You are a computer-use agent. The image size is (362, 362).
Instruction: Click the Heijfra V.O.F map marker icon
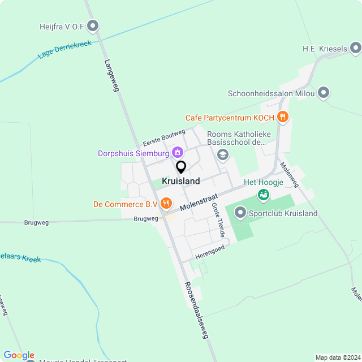[93, 26]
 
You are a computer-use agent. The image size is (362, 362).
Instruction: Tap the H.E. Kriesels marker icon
[355, 49]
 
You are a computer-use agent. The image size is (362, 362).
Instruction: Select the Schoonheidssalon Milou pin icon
[324, 93]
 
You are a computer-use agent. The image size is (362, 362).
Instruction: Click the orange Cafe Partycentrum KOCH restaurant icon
[283, 118]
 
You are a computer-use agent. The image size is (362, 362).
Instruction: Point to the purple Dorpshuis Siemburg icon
[178, 152]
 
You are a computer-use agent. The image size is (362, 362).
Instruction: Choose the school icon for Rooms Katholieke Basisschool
[223, 154]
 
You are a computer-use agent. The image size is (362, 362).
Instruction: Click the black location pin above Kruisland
[181, 167]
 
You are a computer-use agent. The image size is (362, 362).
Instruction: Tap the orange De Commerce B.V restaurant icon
[166, 203]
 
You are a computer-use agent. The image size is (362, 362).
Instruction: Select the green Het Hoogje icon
[263, 195]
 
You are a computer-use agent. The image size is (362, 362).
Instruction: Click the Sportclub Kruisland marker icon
[240, 213]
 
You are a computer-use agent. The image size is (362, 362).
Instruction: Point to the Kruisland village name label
[181, 181]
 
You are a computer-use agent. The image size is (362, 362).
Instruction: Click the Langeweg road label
[111, 76]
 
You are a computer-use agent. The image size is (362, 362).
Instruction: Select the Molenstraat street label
[200, 201]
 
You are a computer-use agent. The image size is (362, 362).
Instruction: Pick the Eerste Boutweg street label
[164, 137]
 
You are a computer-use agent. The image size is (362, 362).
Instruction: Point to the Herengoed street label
[210, 252]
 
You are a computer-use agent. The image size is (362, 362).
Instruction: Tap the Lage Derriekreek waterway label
[64, 49]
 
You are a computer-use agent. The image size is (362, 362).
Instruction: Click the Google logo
[19, 355]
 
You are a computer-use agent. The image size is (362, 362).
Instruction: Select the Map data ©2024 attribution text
[337, 357]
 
